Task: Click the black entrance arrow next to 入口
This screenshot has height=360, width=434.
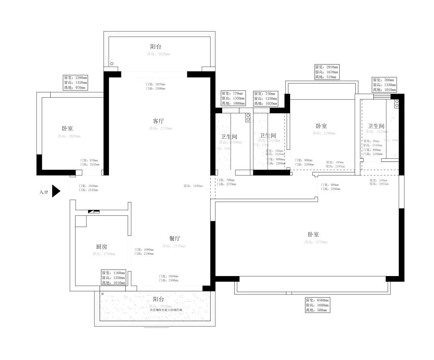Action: click(56, 191)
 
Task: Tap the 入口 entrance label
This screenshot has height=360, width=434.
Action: click(43, 192)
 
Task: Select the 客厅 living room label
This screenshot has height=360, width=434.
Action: click(158, 121)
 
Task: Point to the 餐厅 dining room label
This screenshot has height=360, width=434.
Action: click(174, 238)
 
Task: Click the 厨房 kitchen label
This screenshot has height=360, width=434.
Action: click(101, 246)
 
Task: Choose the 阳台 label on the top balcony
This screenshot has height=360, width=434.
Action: click(156, 47)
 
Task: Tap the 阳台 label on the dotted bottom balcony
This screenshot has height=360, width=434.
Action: click(158, 299)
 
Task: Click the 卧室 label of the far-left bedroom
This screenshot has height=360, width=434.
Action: click(67, 129)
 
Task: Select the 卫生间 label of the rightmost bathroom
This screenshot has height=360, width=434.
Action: click(376, 126)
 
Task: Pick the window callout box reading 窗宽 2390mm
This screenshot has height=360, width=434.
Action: click(75, 82)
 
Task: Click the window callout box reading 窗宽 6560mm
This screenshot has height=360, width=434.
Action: click(317, 305)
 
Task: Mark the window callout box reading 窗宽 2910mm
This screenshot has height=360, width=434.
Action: click(327, 72)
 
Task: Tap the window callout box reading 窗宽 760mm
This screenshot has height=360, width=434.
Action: click(384, 85)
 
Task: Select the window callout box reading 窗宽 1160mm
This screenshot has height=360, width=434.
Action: click(113, 278)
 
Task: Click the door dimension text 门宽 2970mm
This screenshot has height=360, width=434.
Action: click(156, 84)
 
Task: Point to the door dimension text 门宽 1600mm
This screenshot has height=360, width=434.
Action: click(144, 250)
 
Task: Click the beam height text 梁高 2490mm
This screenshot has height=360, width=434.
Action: click(193, 186)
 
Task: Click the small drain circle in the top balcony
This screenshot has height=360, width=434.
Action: click(112, 63)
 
